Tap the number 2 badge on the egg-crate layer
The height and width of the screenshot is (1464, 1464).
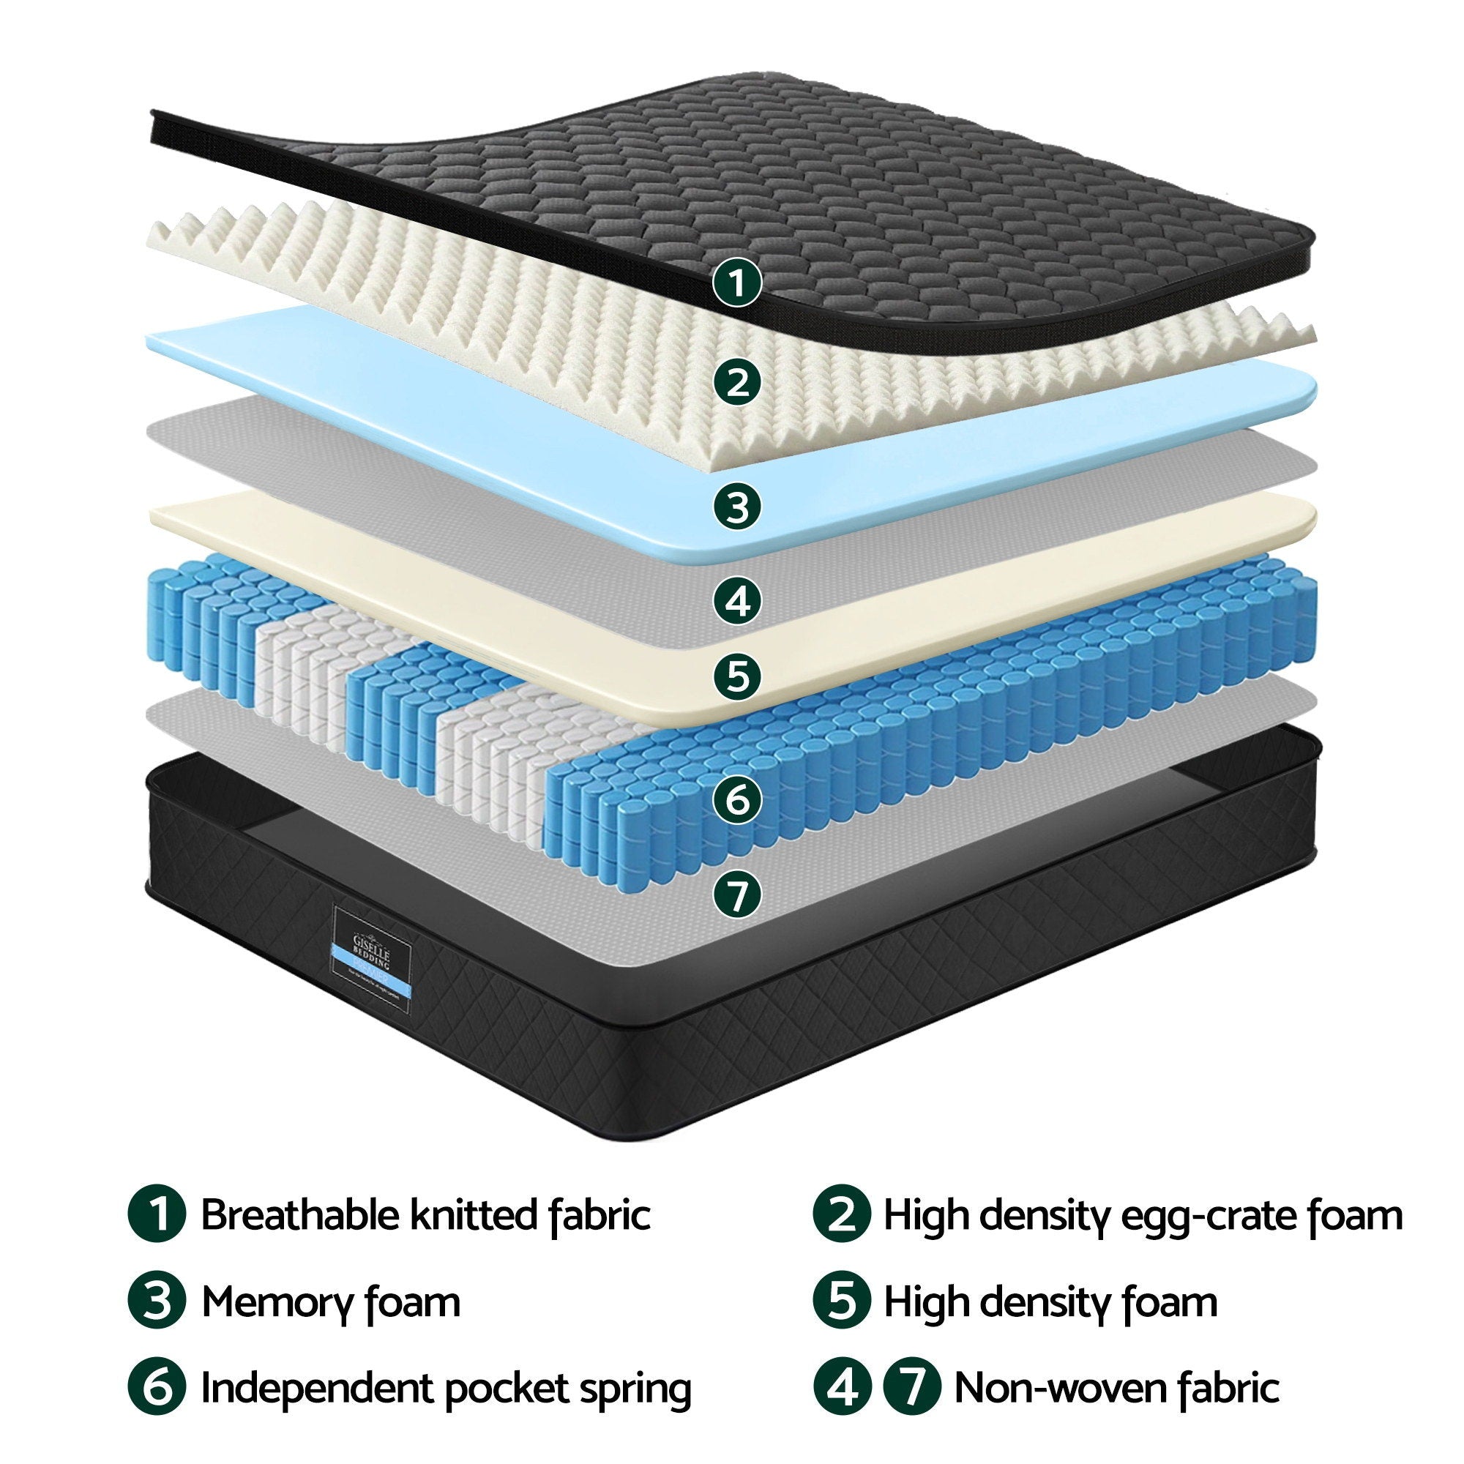tap(736, 383)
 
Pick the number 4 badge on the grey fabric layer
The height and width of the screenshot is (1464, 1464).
tap(736, 601)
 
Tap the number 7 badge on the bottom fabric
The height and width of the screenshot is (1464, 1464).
tap(736, 896)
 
